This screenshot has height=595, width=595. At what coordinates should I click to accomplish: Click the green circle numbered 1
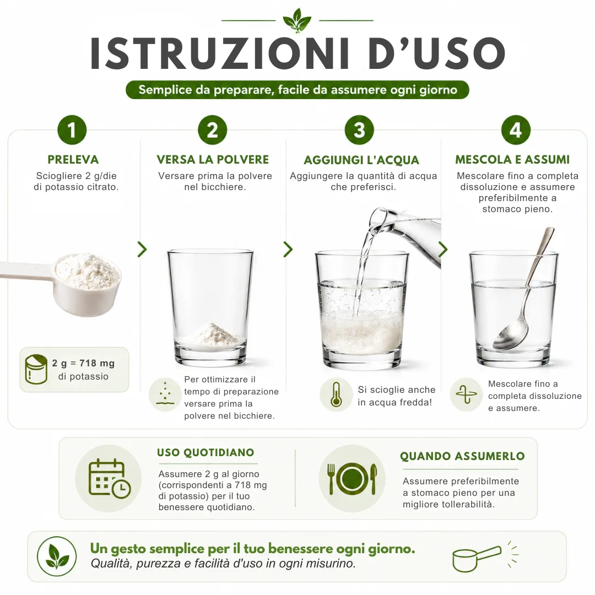tap(72, 130)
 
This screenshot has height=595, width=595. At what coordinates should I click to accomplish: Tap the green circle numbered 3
tap(359, 130)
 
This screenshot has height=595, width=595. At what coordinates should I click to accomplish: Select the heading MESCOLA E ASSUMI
tap(512, 160)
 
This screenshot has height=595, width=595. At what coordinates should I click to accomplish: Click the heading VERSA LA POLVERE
tap(213, 160)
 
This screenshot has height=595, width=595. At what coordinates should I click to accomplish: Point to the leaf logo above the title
tap(297, 20)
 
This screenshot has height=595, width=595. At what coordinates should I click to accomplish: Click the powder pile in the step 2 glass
tap(211, 334)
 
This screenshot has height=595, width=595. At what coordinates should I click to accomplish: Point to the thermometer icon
tap(336, 394)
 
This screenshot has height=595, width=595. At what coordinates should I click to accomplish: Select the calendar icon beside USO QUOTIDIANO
tap(109, 478)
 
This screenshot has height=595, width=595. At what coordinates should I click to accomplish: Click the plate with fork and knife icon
tap(352, 479)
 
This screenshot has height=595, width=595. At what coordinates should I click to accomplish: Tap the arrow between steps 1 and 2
tap(142, 250)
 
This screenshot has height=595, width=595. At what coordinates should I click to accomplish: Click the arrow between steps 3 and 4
tap(443, 250)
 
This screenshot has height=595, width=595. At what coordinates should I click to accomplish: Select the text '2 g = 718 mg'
tap(83, 363)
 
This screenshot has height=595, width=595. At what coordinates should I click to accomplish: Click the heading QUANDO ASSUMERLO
tap(462, 456)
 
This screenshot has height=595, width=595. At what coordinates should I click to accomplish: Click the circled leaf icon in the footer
tap(57, 556)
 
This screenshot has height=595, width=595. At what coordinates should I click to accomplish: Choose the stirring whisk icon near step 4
tap(466, 394)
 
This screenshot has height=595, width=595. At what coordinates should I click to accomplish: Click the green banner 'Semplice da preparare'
tap(297, 90)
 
